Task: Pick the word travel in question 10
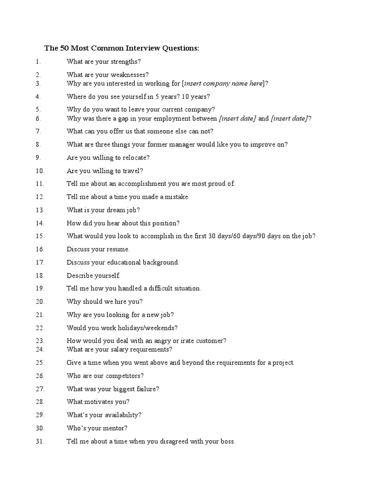click(x=133, y=171)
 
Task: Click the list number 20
click(x=40, y=301)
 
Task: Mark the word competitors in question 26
click(x=126, y=376)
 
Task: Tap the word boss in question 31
click(x=227, y=441)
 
